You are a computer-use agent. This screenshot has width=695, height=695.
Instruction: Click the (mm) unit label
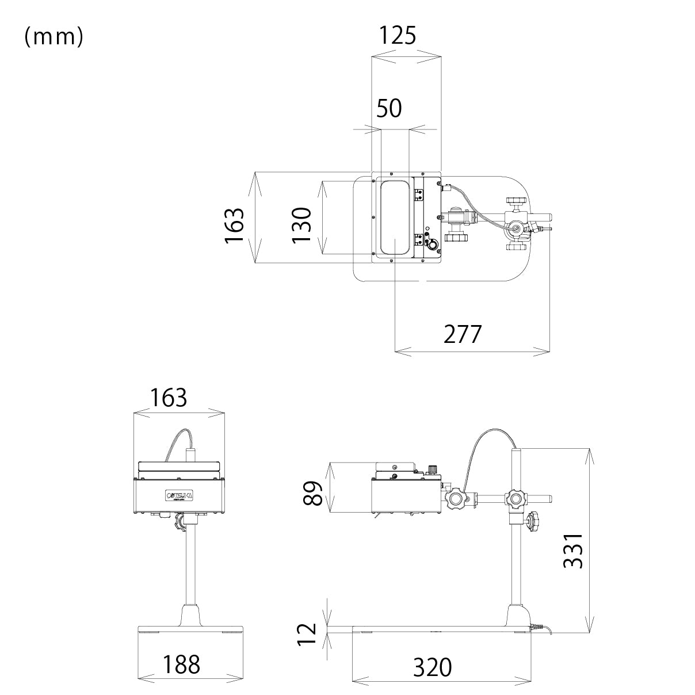tap(54, 37)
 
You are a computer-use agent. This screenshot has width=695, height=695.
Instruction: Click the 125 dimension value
tap(397, 36)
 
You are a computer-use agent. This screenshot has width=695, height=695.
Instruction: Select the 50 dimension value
tap(389, 108)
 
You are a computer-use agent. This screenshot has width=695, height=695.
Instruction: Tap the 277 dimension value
tap(461, 334)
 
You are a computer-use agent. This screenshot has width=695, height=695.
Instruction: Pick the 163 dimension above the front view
tap(169, 398)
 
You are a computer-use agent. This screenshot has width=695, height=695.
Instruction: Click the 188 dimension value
tap(181, 665)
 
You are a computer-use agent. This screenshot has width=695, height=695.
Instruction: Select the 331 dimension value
tap(573, 551)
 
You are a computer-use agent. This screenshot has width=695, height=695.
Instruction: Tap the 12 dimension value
tap(308, 635)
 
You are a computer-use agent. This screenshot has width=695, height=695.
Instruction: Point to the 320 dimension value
tap(433, 668)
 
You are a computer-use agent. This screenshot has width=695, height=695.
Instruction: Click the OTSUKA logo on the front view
tap(180, 495)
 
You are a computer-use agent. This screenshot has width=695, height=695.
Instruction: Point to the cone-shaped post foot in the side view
tap(516, 615)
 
